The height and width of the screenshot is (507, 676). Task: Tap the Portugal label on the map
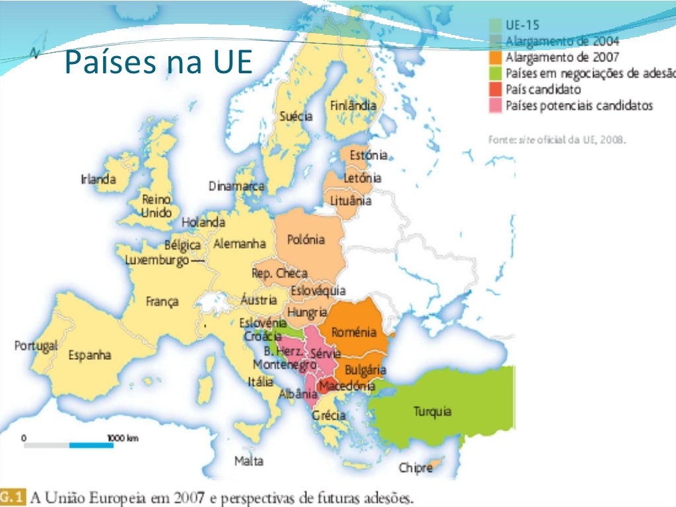coord(36,346)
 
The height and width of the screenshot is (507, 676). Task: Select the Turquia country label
coord(432,411)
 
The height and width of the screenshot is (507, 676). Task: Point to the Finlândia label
coord(353,106)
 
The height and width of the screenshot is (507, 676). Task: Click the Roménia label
coord(354,332)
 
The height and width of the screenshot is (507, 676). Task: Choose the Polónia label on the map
coord(306,240)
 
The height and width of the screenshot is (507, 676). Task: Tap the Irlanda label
coord(98,179)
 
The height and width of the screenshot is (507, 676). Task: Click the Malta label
coord(249,461)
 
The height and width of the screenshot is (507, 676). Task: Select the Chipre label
coord(415,468)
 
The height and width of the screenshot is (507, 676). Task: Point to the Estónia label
coord(368,156)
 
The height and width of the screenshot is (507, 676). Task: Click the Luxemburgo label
coord(157,260)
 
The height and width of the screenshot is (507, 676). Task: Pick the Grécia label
coord(329,416)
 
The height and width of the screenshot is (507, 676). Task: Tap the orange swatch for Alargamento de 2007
coord(496,57)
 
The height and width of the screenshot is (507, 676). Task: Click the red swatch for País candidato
coord(496,89)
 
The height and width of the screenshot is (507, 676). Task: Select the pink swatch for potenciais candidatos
coord(496,105)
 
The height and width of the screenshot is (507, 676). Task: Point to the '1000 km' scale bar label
coord(122,438)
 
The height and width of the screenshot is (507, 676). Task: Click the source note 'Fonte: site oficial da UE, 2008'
coord(556,140)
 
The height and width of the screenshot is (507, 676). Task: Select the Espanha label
coord(90,355)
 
